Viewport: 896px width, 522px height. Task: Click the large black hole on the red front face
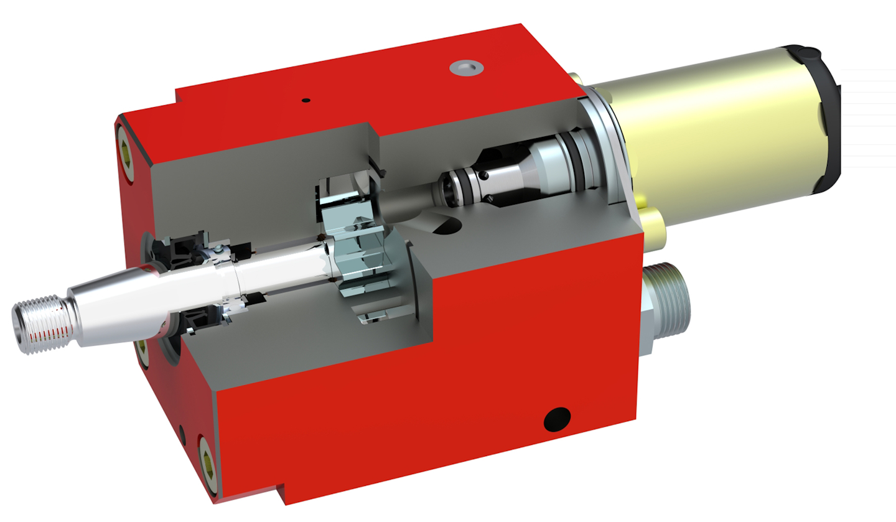coord(557,419)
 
